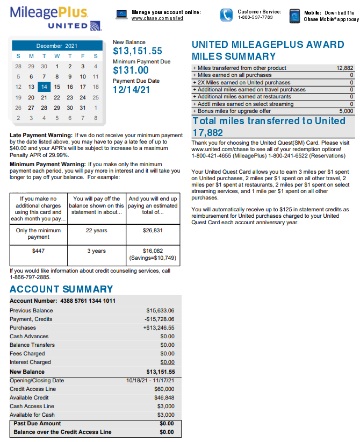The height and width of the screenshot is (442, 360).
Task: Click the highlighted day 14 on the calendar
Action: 44,87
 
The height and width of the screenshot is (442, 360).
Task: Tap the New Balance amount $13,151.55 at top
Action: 138,52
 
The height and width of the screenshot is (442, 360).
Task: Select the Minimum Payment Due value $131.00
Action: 131,70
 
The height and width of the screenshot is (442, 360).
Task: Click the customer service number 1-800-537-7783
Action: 255,18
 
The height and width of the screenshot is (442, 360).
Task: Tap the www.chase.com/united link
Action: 157,18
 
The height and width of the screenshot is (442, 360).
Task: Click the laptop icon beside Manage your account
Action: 122,15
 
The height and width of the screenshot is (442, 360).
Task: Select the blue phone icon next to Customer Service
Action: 227,15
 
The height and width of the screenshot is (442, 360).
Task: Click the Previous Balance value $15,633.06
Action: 160,310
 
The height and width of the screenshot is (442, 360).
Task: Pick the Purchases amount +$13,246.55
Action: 159,327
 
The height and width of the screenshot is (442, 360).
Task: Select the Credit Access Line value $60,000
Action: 164,389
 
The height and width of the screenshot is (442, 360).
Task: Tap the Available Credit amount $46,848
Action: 164,397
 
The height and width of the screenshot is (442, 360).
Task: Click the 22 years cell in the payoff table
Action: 97,231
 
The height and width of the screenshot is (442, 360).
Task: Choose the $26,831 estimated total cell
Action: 153,231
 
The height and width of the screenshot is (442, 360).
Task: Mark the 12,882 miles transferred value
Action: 344,68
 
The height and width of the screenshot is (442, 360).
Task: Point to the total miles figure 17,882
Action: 207,132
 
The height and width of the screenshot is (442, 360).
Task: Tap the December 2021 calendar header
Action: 56,46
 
